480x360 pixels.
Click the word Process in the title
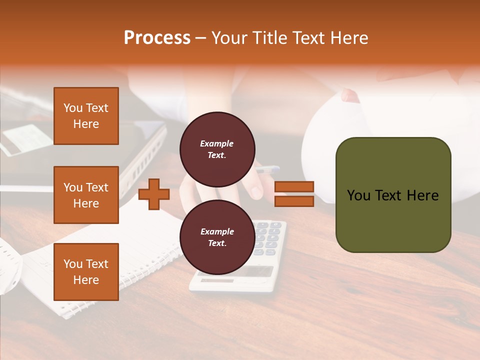157,38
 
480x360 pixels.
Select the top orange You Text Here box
86,116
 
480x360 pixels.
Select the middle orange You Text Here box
86,195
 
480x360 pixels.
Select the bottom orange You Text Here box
86,272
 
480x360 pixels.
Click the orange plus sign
154,194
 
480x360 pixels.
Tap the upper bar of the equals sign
294,187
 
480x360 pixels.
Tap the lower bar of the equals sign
294,201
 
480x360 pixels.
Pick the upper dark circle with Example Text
217,149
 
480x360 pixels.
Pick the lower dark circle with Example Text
217,237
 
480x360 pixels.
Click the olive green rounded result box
393,220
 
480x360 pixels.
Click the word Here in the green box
422,195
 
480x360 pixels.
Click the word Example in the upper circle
216,143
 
